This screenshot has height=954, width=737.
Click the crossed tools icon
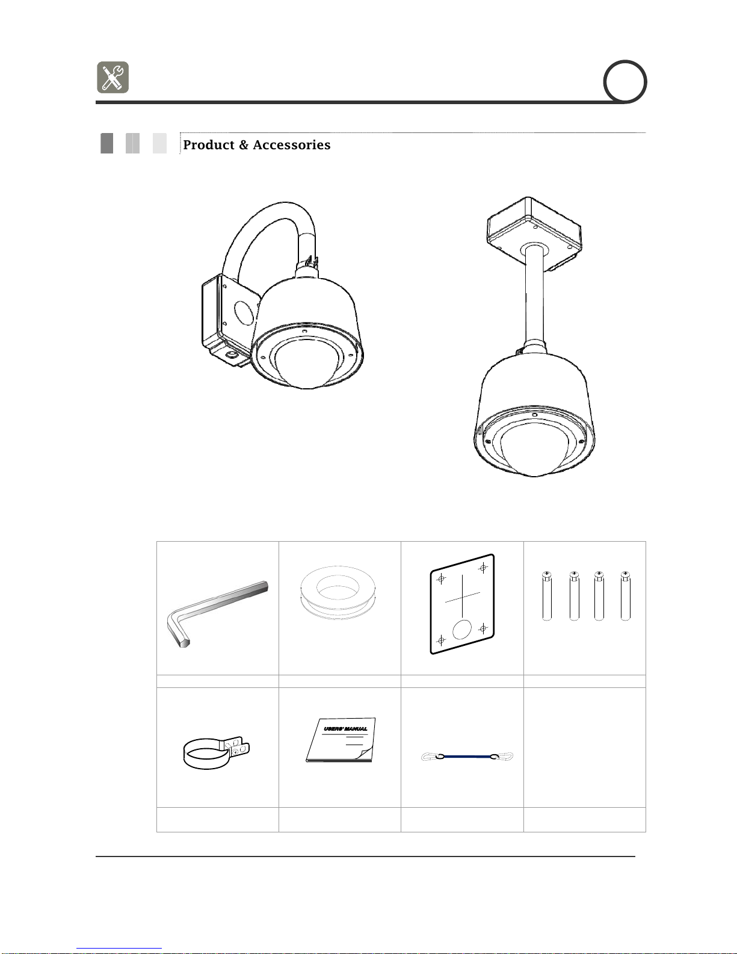pyautogui.click(x=113, y=77)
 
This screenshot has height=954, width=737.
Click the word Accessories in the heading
pyautogui.click(x=292, y=145)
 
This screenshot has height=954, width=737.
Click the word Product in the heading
pyautogui.click(x=209, y=145)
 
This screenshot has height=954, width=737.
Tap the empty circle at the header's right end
pyautogui.click(x=625, y=82)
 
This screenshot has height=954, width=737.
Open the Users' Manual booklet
pyautogui.click(x=341, y=740)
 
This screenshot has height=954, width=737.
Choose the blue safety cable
pyautogui.click(x=467, y=757)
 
